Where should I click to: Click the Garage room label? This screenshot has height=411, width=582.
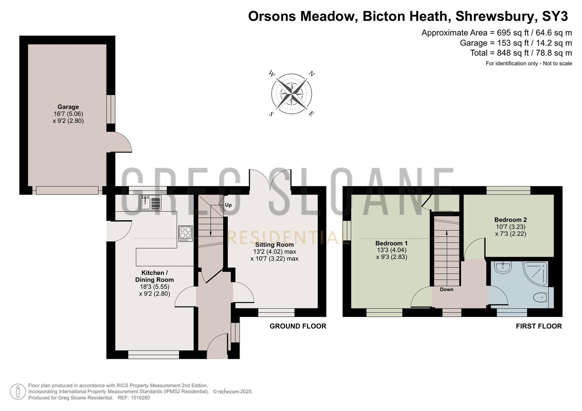coord(68,107)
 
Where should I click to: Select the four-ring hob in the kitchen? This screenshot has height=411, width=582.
coord(186,233)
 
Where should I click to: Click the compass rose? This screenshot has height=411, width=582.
coord(291,94)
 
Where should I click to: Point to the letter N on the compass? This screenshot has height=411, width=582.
coord(312,74)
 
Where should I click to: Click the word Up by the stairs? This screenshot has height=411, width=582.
coord(228,205)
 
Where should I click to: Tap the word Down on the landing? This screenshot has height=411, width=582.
coord(446,289)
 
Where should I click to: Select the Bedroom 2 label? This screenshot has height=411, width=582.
coord(510,220)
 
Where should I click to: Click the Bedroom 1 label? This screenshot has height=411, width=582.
coord(391,243)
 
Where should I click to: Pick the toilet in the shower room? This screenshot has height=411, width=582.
coord(543,297)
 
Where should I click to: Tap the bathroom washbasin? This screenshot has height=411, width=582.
coord(503,268)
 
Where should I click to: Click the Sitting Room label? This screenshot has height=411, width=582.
coord(275,245)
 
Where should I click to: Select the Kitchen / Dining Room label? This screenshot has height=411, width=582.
coord(154,276)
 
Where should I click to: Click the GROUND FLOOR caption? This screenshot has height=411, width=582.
coord(298,326)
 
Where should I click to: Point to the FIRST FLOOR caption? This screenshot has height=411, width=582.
coord(539,326)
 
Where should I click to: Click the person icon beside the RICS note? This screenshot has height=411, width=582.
coord(18,392)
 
